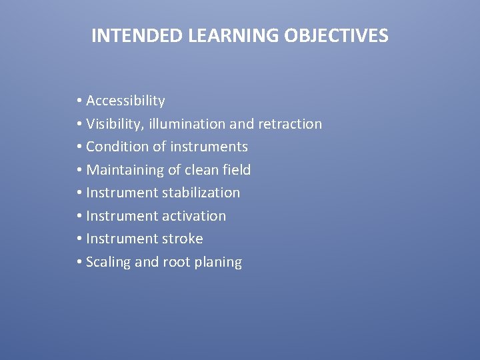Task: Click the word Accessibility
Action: click(125, 101)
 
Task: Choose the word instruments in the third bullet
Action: click(209, 147)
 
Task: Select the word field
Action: click(237, 170)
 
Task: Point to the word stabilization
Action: click(199, 193)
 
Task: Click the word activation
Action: click(192, 216)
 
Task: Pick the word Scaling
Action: click(109, 262)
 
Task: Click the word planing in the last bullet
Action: click(218, 263)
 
